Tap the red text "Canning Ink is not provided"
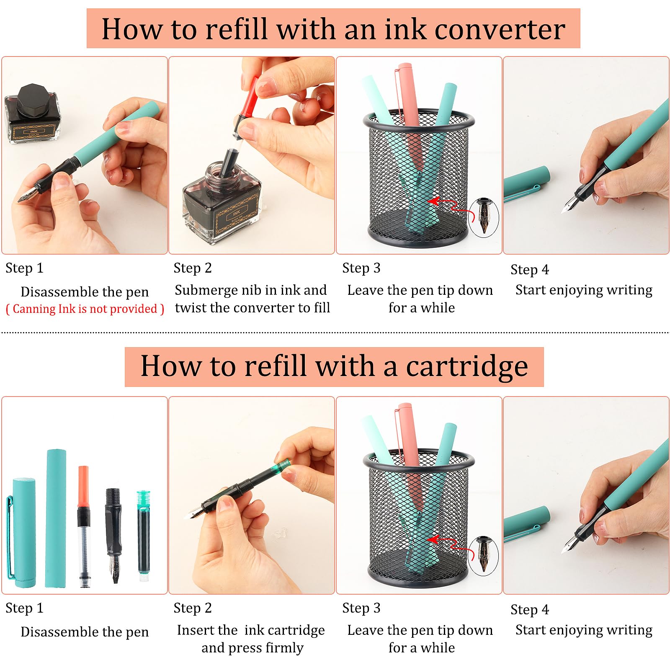(x=85, y=309)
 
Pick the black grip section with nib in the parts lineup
(x=113, y=535)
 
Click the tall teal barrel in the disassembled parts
(x=56, y=518)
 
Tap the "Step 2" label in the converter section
(x=193, y=268)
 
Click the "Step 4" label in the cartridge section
(x=530, y=610)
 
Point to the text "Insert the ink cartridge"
(x=251, y=630)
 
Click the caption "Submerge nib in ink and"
(x=251, y=290)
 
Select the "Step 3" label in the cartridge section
(x=361, y=608)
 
